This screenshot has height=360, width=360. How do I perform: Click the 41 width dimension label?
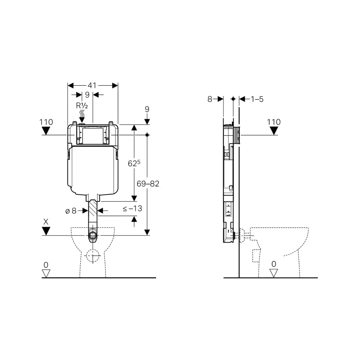pyautogui.click(x=92, y=85)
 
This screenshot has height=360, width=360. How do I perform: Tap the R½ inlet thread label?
pyautogui.click(x=82, y=106)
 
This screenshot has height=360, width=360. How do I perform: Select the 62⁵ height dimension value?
pyautogui.click(x=134, y=163)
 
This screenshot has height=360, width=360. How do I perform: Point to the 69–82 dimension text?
pyautogui.click(x=148, y=184)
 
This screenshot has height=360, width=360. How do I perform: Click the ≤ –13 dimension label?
pyautogui.click(x=133, y=208)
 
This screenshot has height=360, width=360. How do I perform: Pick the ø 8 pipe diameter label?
pyautogui.click(x=71, y=211)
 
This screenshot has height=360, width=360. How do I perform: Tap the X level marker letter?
pyautogui.click(x=46, y=222)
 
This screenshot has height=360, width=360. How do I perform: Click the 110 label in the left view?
pyautogui.click(x=46, y=122)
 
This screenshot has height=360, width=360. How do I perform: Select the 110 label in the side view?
pyautogui.click(x=274, y=122)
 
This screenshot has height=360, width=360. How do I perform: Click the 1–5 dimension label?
pyautogui.click(x=257, y=99)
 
